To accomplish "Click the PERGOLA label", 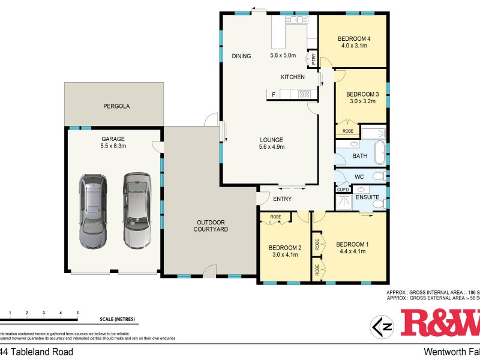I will click(x=115, y=106).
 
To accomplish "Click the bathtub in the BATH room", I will click(x=380, y=154).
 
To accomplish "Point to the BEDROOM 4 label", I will click(x=353, y=39).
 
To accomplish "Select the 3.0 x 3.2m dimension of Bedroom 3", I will click(x=362, y=101).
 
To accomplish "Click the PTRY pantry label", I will click(x=313, y=58).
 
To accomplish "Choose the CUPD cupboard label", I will click(x=343, y=190).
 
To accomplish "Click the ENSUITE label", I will click(x=367, y=197).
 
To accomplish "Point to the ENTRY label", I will click(x=282, y=199).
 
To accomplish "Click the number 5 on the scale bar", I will click(x=77, y=313).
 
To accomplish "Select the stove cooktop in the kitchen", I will click(x=304, y=94).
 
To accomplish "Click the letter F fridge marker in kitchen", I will click(x=274, y=94).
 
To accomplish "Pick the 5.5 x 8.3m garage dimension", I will click(x=113, y=146).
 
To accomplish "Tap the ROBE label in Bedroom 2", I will click(x=275, y=217).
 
